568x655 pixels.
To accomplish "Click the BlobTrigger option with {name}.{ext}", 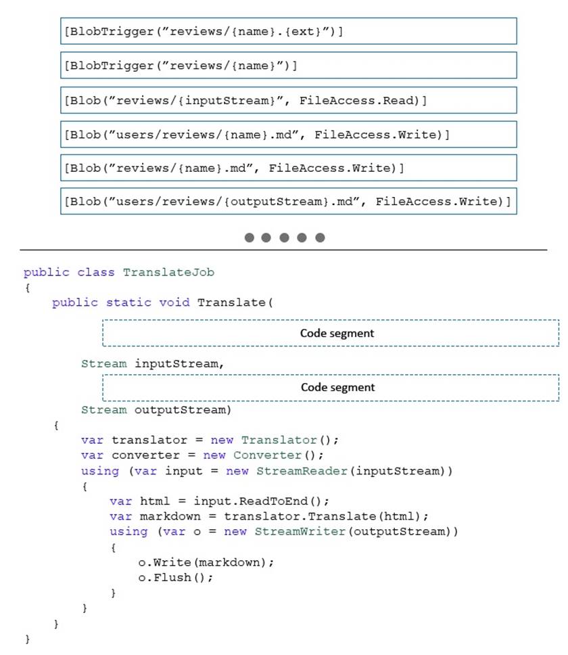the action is [288, 31].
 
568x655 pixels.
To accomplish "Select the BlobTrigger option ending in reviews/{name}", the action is [288, 65].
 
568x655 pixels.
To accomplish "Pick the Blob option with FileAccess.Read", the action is [288, 100].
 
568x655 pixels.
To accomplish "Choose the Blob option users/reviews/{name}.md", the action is [288, 134].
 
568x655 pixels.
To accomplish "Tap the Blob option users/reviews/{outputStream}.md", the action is [288, 202].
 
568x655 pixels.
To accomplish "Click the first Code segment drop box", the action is [331, 333].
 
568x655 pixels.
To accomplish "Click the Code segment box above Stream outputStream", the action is [331, 388].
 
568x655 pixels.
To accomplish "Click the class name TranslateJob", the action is [168, 273].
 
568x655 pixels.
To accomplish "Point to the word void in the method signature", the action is [174, 302].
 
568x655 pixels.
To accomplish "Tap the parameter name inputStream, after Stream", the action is [179, 364].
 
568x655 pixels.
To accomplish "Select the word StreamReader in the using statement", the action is [302, 471].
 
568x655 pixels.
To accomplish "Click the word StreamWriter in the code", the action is [300, 531].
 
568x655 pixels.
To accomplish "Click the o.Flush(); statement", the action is [176, 578].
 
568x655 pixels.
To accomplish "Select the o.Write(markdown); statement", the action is [206, 563].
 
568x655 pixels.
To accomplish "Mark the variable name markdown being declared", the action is [170, 517].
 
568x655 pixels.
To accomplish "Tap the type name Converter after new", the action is [267, 455].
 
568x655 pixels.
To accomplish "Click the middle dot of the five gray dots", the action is [284, 238].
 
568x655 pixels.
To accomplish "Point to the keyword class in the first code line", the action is [96, 273].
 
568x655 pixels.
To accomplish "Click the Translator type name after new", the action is [279, 441].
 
